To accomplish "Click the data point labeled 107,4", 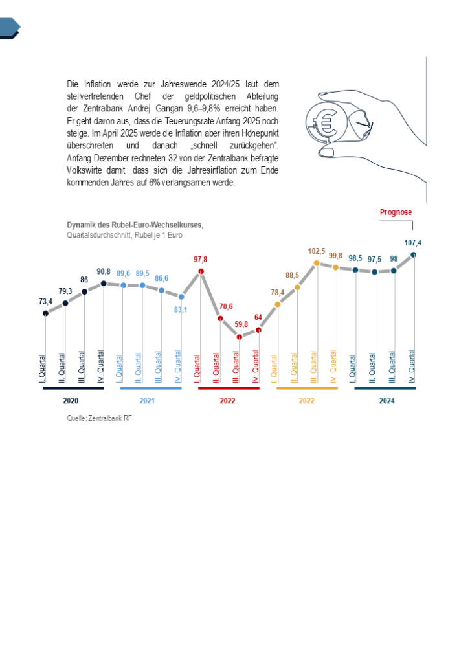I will pyautogui.click(x=414, y=254).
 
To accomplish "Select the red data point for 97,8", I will pyautogui.click(x=201, y=272).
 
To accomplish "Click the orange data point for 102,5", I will pyautogui.click(x=317, y=263).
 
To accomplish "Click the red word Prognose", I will pyautogui.click(x=396, y=212).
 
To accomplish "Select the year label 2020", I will pyautogui.click(x=71, y=401).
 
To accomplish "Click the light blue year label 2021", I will pyautogui.click(x=147, y=401).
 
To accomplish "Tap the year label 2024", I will pyautogui.click(x=386, y=401).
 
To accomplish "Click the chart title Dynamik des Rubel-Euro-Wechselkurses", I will pyautogui.click(x=135, y=225).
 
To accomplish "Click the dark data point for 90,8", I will pyautogui.click(x=104, y=283).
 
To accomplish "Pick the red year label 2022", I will pyautogui.click(x=227, y=401).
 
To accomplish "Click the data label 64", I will pyautogui.click(x=258, y=317).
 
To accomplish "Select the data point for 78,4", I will pyautogui.click(x=278, y=304).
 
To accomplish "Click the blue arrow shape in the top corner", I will pyautogui.click(x=10, y=27).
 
